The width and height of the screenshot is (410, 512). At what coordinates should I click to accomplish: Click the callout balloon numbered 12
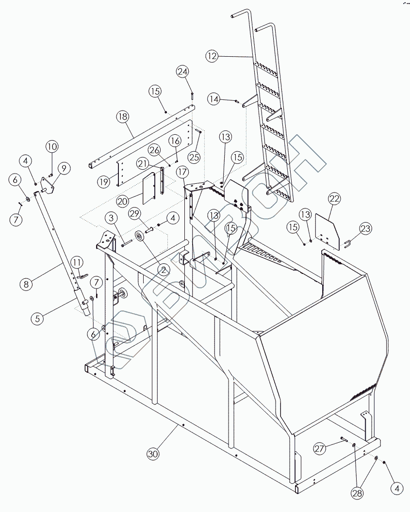coord(212,56)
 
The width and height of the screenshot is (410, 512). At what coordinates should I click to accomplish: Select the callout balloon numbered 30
coord(153,454)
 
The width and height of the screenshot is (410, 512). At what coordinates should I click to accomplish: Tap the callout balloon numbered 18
coord(122,117)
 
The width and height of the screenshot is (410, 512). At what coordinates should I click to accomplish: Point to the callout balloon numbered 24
coord(182,72)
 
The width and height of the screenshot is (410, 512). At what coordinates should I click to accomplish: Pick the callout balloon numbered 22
coord(335,198)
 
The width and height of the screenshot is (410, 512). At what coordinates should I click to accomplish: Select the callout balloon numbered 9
coord(64,168)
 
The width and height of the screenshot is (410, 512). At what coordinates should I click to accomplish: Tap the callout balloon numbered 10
coord(52,146)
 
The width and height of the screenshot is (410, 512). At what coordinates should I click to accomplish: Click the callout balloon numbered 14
coord(214,99)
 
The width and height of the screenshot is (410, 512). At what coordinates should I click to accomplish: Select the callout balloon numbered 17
coord(182,172)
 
